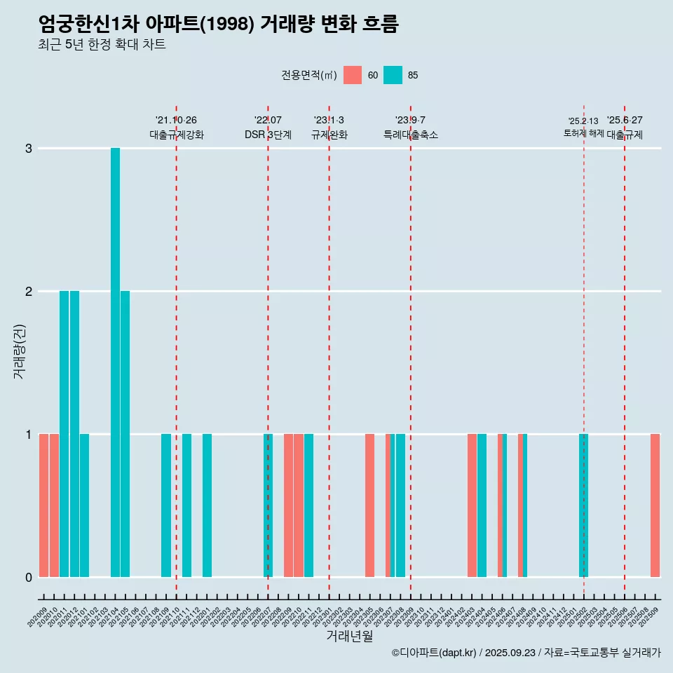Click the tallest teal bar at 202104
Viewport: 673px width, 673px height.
tap(115, 362)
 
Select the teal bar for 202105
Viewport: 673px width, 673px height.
tap(125, 434)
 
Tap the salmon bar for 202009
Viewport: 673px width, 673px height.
tap(43, 505)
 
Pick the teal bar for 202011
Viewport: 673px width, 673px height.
tap(64, 434)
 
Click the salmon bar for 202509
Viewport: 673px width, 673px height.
tap(655, 505)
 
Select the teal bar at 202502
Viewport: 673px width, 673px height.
tap(583, 505)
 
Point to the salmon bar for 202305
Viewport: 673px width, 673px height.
tap(369, 505)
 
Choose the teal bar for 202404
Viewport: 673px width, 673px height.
tap(482, 505)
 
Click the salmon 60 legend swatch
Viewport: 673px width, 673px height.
tap(353, 75)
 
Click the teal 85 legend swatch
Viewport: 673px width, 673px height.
tap(393, 75)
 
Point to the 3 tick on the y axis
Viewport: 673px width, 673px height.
tap(29, 149)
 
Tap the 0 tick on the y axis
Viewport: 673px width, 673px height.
tap(29, 578)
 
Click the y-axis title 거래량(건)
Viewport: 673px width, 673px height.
tap(19, 351)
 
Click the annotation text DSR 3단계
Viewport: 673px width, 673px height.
tap(268, 135)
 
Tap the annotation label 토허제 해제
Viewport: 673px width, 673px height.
tap(583, 132)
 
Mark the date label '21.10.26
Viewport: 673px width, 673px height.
tap(176, 121)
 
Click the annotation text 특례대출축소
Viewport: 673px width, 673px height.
tap(410, 135)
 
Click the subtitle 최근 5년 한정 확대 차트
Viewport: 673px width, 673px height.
tap(102, 45)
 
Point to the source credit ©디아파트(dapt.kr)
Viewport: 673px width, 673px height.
tap(435, 653)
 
